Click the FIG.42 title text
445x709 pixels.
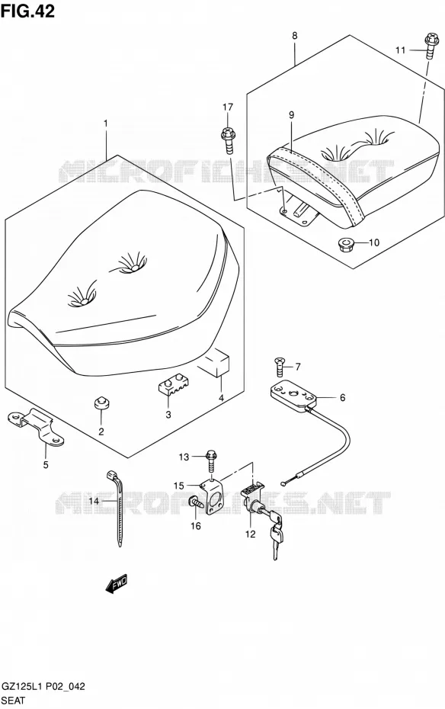[x=27, y=11]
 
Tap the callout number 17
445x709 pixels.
[x=228, y=107]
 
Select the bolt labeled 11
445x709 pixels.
[x=432, y=46]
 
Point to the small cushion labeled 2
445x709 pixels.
[x=101, y=403]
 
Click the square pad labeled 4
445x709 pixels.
[x=218, y=362]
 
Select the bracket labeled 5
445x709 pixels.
[x=36, y=427]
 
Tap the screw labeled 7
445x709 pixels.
[x=280, y=366]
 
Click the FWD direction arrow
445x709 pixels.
[x=117, y=584]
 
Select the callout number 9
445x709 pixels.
[x=291, y=115]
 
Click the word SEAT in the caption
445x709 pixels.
[x=14, y=701]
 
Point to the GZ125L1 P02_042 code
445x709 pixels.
[x=43, y=688]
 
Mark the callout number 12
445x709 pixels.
[x=250, y=534]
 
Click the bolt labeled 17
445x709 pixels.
[x=228, y=140]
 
